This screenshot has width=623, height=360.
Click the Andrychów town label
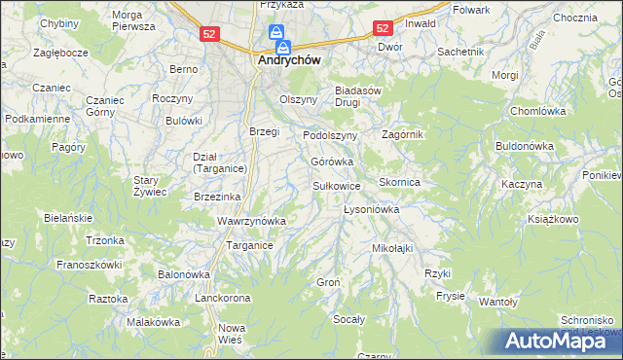pyautogui.click(x=290, y=59)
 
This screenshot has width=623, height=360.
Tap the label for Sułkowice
pyautogui.click(x=337, y=185)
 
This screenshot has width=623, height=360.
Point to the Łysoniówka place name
pyautogui.click(x=372, y=209)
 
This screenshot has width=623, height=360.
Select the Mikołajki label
pyautogui.click(x=392, y=248)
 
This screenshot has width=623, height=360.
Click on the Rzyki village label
pyautogui.click(x=438, y=273)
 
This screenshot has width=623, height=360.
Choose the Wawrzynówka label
pyautogui.click(x=251, y=221)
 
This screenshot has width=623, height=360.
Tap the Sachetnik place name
pyautogui.click(x=461, y=51)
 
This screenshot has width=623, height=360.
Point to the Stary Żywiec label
pyautogui.click(x=151, y=186)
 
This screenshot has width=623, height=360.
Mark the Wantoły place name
pyautogui.click(x=497, y=302)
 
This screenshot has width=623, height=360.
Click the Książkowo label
pyautogui.click(x=552, y=221)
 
